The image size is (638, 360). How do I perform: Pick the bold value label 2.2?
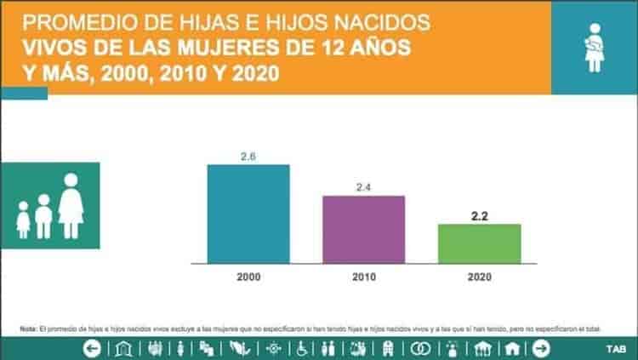point(479,216)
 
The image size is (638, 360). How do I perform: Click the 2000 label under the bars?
point(248,277)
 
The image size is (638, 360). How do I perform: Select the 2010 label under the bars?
point(363,277)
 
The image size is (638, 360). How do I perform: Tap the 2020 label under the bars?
point(479,277)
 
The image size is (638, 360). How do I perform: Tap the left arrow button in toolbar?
point(92,348)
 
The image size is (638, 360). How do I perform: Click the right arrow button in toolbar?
point(541,348)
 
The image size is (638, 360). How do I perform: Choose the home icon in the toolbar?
point(512,348)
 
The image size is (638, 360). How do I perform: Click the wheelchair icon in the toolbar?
point(301,348)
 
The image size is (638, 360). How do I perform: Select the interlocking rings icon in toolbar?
point(420,348)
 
